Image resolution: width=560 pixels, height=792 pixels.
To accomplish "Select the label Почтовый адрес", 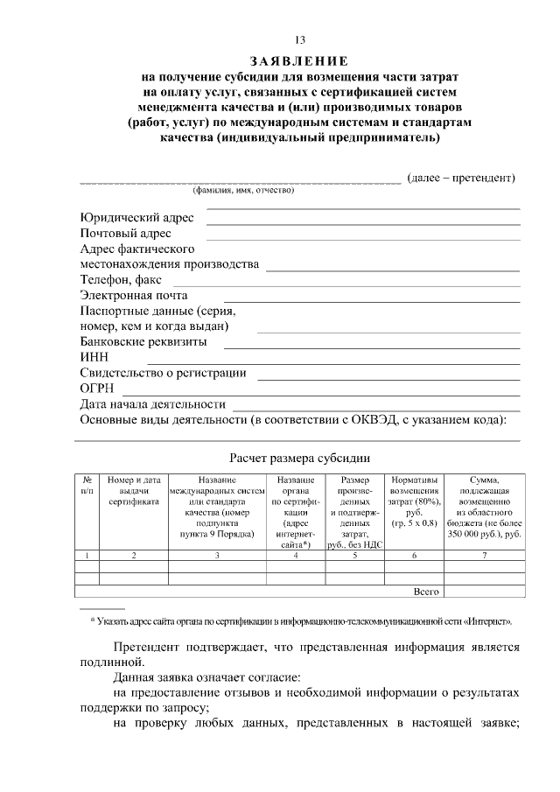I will click(125, 234).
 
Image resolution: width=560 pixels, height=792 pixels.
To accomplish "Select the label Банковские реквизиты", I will click(143, 342).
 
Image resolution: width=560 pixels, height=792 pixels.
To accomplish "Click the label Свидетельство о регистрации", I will click(163, 373).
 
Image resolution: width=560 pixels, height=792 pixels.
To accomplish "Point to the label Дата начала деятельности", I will click(152, 404).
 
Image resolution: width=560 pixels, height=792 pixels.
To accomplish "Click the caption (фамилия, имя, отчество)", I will click(243, 190).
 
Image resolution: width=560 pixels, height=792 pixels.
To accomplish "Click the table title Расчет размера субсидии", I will click(299, 457).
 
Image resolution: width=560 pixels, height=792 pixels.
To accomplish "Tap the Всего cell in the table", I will click(426, 592).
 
